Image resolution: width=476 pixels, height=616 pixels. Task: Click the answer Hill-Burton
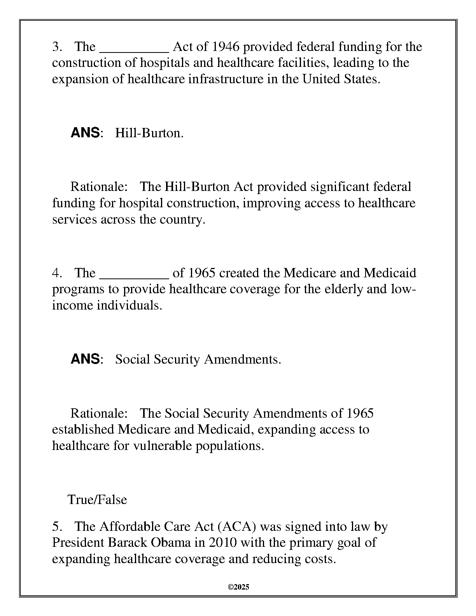pos(149,133)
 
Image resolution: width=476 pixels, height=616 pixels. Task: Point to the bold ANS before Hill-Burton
pos(85,133)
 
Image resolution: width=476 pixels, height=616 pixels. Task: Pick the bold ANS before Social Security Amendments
pos(85,359)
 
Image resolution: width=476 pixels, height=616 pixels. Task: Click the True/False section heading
pos(97,499)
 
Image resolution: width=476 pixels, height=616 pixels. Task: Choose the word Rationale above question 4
pos(99,187)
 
